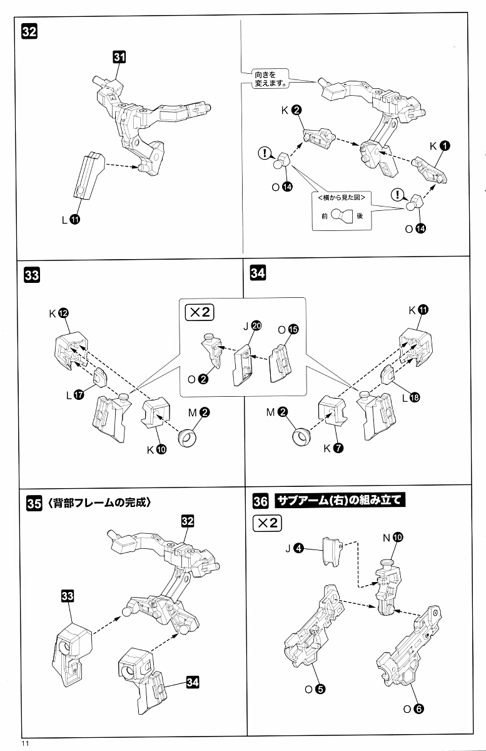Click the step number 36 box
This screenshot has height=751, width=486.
pyautogui.click(x=261, y=501)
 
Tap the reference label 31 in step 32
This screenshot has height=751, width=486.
pyautogui.click(x=119, y=57)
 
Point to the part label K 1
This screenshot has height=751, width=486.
pyautogui.click(x=438, y=145)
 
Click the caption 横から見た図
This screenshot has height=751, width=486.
pyautogui.click(x=342, y=197)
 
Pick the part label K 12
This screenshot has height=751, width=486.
pyautogui.click(x=58, y=313)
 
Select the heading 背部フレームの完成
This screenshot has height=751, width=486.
pyautogui.click(x=99, y=503)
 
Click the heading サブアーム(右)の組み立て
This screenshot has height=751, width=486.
pyautogui.click(x=340, y=501)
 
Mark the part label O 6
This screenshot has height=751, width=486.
pyautogui.click(x=414, y=708)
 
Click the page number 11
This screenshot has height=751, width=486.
pyautogui.click(x=25, y=743)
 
